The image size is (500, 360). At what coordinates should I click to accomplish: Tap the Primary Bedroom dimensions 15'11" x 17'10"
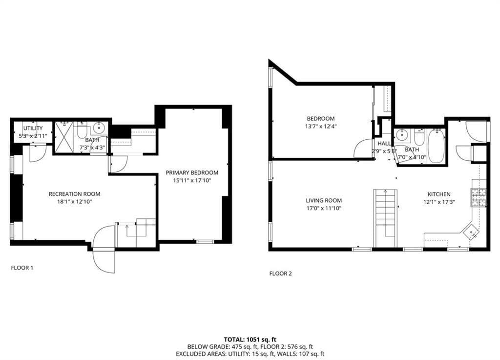point(191,181)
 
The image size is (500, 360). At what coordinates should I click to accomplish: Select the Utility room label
point(33,128)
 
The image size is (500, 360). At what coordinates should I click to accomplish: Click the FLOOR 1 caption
point(22,268)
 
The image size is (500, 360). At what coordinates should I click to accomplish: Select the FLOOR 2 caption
point(280,274)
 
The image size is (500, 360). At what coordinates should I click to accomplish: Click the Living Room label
point(324,200)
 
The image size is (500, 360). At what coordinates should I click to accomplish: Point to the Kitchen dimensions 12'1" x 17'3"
point(439,202)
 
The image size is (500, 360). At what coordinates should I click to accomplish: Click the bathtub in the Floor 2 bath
point(436,145)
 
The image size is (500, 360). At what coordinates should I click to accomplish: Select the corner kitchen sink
point(471,232)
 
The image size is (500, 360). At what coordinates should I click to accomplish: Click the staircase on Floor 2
point(386,217)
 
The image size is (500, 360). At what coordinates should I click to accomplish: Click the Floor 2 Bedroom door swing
point(364,149)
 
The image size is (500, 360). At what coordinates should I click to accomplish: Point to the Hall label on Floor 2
point(384,144)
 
